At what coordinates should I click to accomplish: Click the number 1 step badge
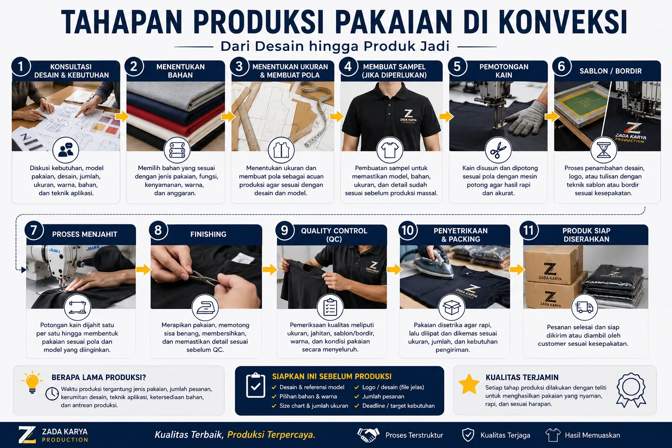click(x=21, y=66)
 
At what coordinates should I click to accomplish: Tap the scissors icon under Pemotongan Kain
click(x=498, y=150)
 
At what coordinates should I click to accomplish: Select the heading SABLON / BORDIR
click(x=610, y=71)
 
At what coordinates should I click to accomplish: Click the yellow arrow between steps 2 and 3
click(x=228, y=116)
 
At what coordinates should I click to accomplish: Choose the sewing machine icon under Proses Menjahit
click(x=77, y=307)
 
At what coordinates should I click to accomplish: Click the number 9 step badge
click(x=284, y=231)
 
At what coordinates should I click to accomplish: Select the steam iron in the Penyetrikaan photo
click(x=437, y=264)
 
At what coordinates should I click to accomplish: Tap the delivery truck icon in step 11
click(x=584, y=307)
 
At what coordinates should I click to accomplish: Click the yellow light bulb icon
click(x=32, y=382)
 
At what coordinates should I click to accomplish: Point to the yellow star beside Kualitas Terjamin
click(x=469, y=384)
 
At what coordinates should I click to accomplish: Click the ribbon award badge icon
click(x=631, y=390)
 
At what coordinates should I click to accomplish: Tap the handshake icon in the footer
click(x=368, y=435)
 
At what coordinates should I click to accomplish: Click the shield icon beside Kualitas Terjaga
click(x=468, y=435)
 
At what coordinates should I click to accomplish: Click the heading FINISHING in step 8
click(x=208, y=234)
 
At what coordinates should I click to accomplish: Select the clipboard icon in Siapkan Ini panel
click(x=255, y=385)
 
